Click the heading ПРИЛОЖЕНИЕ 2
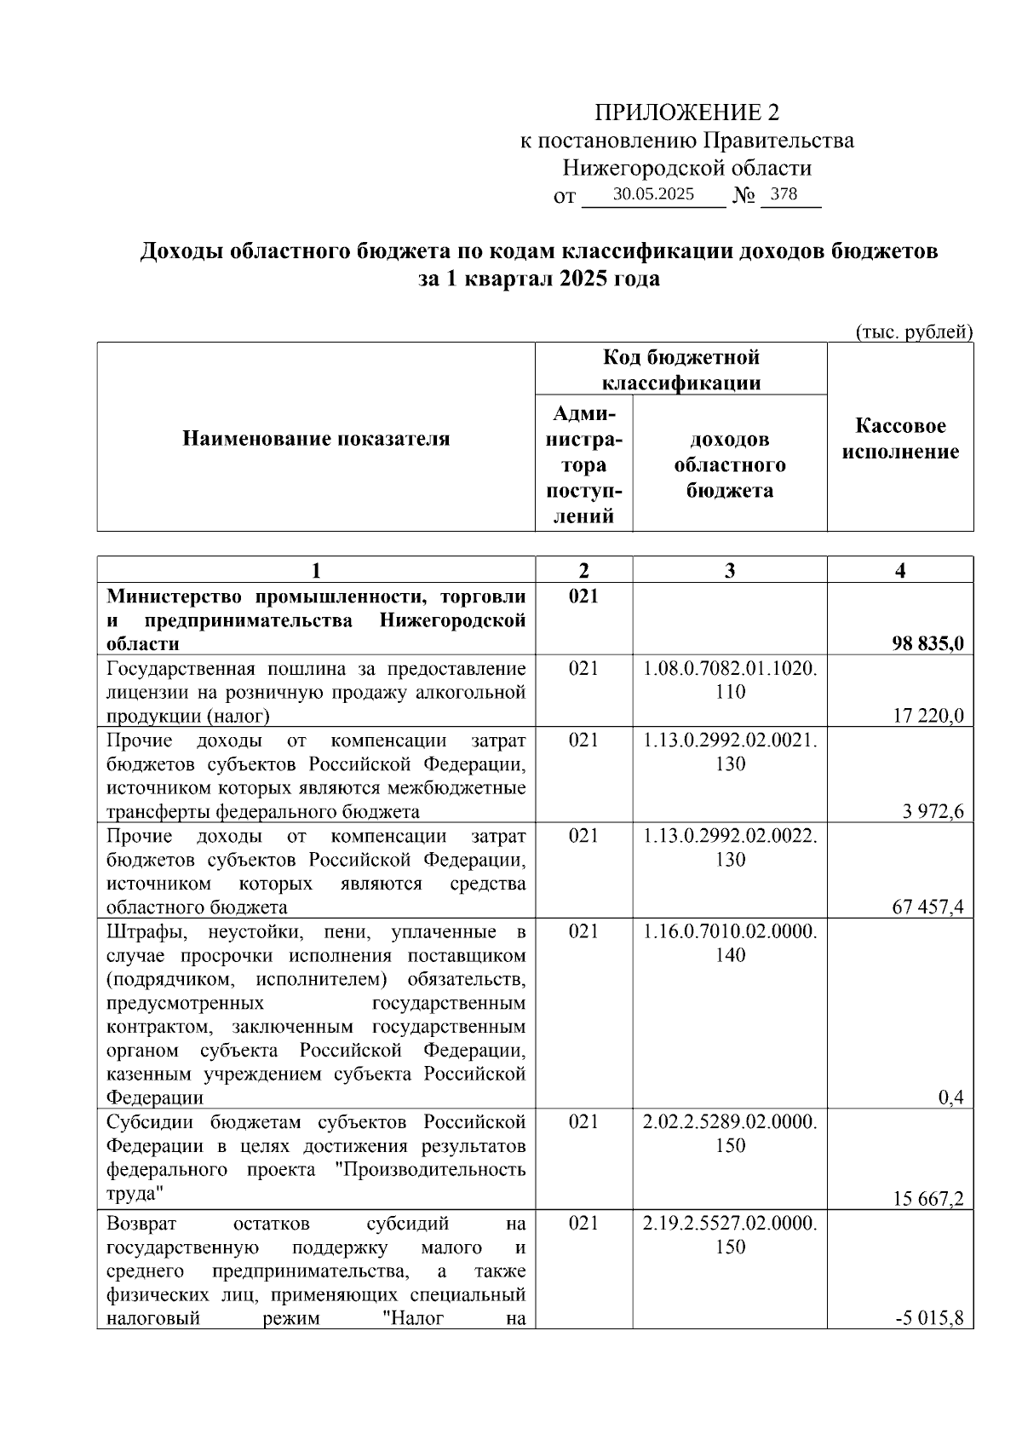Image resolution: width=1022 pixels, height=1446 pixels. [686, 112]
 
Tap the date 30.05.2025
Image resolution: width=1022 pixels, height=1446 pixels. [653, 194]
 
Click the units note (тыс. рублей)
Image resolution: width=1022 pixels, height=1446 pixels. [913, 332]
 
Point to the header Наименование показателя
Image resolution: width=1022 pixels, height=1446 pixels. [316, 439]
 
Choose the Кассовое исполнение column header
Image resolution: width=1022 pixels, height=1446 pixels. [900, 439]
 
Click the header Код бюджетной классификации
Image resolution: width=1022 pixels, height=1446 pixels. [681, 369]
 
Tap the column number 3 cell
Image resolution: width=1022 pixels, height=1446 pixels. [730, 570]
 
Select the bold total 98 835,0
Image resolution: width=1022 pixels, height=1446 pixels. [927, 643]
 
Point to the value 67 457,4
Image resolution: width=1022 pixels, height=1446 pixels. [927, 907]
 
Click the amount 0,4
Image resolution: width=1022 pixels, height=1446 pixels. [950, 1097]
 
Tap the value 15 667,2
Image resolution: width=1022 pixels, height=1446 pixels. [927, 1199]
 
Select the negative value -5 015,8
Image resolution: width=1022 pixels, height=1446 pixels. [929, 1318]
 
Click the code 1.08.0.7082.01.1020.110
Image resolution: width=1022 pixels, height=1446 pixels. [730, 680]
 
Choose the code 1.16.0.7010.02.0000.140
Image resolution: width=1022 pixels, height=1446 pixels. [730, 942]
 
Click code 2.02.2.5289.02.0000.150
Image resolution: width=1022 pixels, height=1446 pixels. [730, 1132]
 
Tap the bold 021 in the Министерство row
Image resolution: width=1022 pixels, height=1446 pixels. [583, 596]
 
